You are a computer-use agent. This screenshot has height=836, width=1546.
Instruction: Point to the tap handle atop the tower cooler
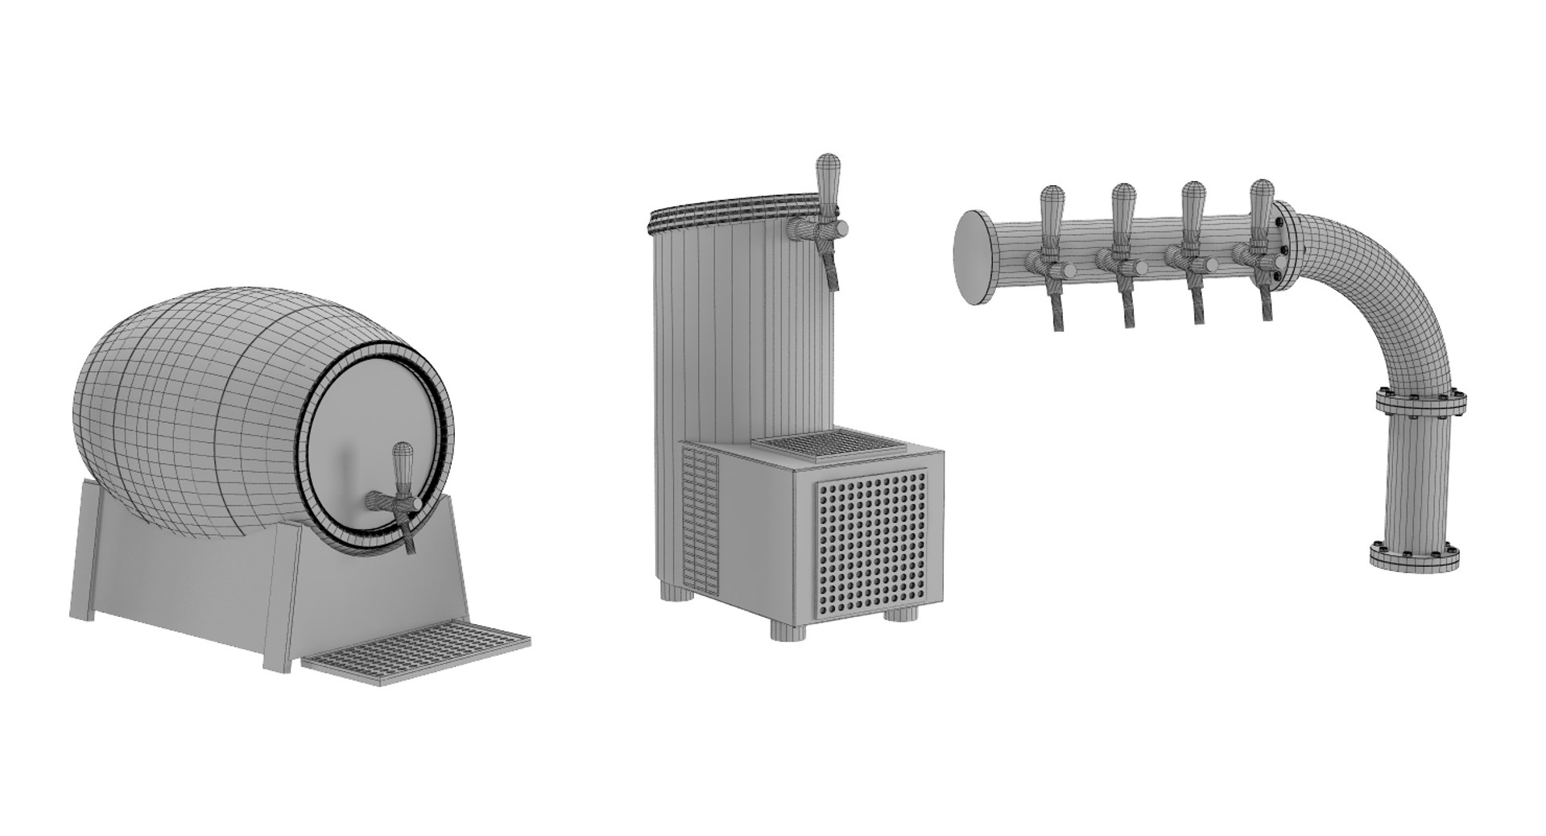click(827, 179)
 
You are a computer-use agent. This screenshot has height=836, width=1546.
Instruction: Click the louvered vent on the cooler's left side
click(700, 515)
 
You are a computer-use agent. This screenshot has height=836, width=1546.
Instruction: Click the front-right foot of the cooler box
click(901, 613)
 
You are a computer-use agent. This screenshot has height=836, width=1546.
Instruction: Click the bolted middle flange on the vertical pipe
click(1420, 402)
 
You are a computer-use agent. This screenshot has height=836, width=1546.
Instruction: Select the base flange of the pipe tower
click(1415, 557)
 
